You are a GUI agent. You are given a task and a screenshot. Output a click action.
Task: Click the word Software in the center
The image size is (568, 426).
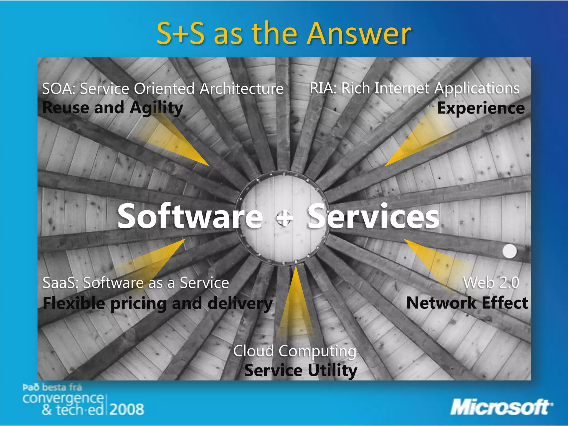pyautogui.click(x=190, y=216)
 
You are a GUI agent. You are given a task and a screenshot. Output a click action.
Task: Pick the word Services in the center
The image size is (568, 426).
pyautogui.click(x=373, y=216)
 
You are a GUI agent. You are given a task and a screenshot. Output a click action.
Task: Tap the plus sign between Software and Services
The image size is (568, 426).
pyautogui.click(x=285, y=218)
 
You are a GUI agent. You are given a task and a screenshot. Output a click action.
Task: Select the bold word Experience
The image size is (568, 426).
pyautogui.click(x=481, y=108)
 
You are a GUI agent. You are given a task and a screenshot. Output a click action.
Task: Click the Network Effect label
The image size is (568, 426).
pyautogui.click(x=467, y=303)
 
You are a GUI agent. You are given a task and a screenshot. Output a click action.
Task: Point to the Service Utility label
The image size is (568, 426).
pyautogui.click(x=301, y=371)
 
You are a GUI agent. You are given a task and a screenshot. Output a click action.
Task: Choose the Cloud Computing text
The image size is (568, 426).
pyautogui.click(x=295, y=351)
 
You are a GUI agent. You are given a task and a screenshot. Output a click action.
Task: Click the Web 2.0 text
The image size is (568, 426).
pyautogui.click(x=491, y=283)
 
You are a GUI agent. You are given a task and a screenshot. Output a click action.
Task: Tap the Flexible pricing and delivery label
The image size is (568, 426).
pyautogui.click(x=158, y=303)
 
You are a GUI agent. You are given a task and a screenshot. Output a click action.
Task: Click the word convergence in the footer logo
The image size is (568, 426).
pyautogui.click(x=63, y=399)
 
